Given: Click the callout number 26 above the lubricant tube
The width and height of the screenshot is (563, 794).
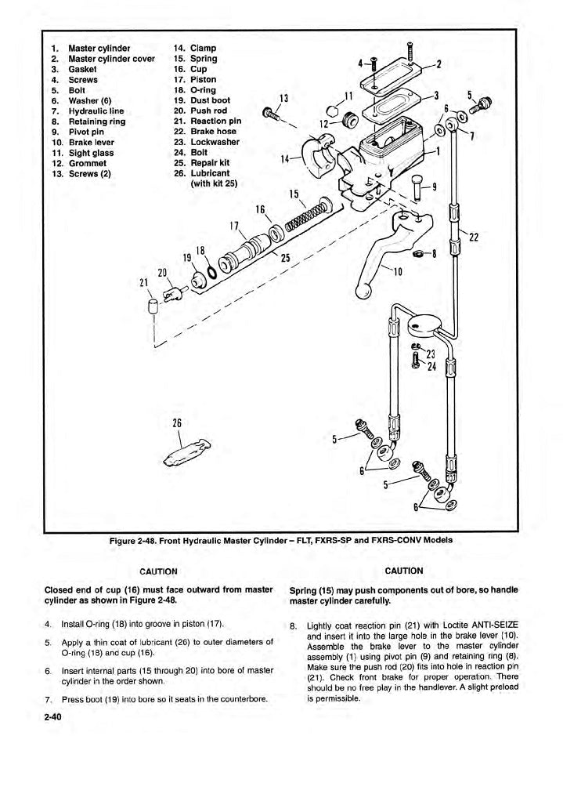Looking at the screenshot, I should coord(177,423).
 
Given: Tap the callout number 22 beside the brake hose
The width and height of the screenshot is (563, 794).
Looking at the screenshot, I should coord(475,240).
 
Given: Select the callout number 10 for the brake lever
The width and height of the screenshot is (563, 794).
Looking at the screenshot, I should coord(398,272).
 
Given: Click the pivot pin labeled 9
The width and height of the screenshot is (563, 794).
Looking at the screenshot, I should coord(416,185).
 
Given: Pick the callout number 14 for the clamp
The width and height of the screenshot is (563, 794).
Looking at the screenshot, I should coord(286,159).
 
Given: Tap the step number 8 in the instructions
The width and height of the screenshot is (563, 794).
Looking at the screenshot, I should coord(293,625).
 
